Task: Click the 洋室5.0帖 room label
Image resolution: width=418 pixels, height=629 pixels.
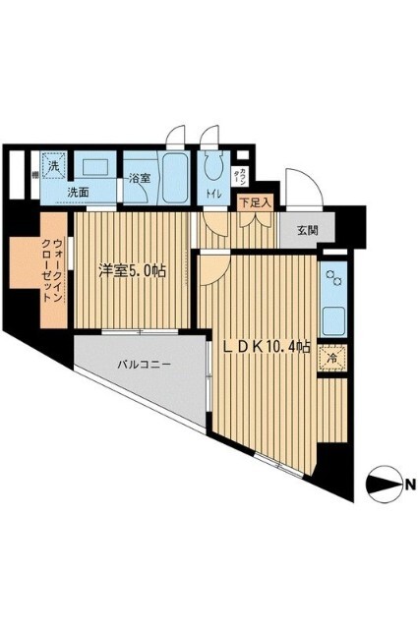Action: click(129, 270)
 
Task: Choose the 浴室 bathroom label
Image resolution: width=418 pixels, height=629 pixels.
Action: click(140, 179)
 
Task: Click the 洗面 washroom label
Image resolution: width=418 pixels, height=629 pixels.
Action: click(79, 193)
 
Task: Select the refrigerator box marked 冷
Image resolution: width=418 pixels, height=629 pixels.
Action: click(332, 360)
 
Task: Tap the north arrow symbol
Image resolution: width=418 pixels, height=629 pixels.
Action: click(382, 483)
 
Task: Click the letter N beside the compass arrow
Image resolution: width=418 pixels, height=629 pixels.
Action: click(406, 483)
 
